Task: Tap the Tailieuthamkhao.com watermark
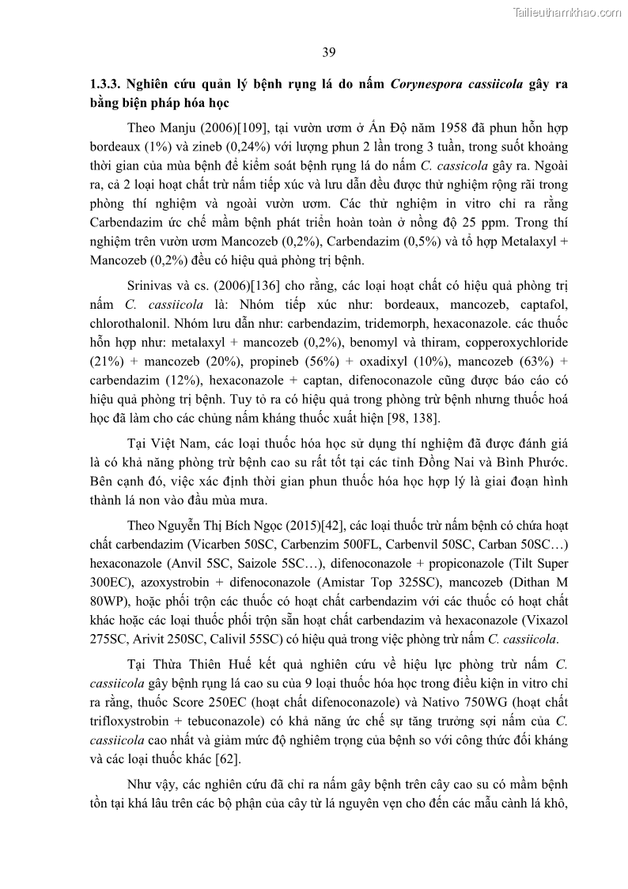tap(567, 12)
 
